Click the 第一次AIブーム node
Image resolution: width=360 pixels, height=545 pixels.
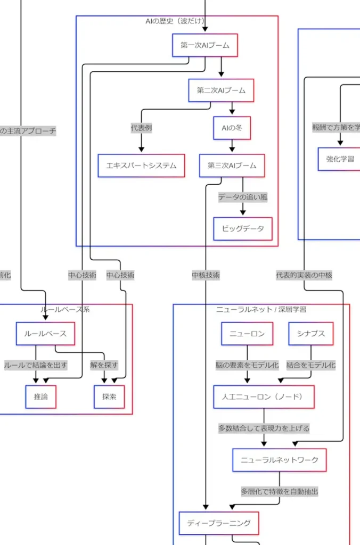point(205,45)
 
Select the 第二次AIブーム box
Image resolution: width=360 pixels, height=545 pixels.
point(221,90)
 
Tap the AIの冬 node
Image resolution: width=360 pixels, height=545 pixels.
point(232,128)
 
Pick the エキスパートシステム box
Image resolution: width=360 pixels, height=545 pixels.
point(142,166)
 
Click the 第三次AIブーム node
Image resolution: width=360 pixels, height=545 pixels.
point(232,166)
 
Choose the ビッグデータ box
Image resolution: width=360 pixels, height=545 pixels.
point(243,229)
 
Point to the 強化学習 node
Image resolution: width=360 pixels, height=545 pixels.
point(340,159)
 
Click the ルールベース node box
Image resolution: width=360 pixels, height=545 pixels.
point(45,334)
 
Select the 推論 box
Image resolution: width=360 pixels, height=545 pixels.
point(40,397)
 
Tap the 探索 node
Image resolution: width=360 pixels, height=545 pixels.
point(109,397)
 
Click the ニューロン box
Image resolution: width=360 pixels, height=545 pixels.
point(247,334)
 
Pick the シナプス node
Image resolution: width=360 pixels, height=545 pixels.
point(311,334)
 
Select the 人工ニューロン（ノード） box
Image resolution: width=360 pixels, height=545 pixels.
point(264,397)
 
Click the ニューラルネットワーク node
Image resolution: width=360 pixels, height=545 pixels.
point(280,460)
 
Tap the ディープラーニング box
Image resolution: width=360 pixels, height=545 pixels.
point(219,523)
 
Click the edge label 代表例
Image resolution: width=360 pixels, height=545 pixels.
point(142,128)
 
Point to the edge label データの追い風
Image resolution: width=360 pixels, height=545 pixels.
point(243,197)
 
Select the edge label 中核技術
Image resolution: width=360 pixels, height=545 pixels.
point(206,275)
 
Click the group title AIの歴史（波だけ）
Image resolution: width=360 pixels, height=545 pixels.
point(177,21)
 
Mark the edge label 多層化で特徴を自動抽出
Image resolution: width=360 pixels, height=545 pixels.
point(280,492)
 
